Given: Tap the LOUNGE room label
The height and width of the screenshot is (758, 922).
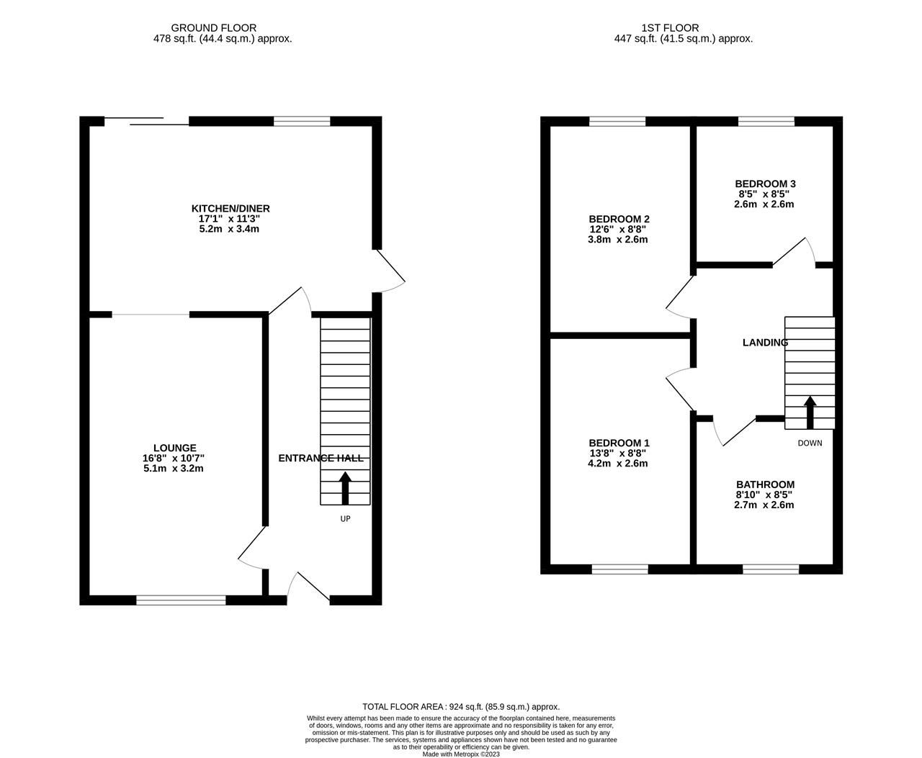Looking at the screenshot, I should click(x=174, y=448).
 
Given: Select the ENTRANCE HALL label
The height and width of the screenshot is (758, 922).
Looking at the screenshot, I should click(x=321, y=459).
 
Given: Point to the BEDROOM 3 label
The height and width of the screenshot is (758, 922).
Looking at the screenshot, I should click(x=765, y=184).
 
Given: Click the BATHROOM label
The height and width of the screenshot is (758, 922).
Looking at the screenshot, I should click(x=765, y=484).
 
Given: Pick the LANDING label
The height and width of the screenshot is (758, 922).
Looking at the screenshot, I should click(x=765, y=343).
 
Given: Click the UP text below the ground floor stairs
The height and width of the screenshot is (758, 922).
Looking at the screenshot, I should click(x=345, y=518).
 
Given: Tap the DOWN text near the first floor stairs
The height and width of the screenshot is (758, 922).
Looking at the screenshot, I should click(x=810, y=443).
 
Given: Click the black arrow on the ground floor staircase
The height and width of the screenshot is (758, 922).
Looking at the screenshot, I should click(x=345, y=487).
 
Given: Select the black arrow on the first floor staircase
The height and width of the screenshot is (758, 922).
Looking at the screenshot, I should click(x=810, y=411).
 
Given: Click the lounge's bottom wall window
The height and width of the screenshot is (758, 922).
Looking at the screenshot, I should click(x=181, y=600).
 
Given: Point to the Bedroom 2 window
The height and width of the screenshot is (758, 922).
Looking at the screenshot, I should click(x=617, y=121).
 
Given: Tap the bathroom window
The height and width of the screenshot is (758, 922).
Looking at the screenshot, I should click(x=771, y=569).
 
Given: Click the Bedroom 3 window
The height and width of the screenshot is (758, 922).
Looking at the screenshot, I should click(x=766, y=121).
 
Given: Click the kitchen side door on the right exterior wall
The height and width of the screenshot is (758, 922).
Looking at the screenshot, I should click(x=390, y=271).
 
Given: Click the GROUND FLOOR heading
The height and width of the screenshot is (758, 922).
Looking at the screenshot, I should click(x=223, y=28).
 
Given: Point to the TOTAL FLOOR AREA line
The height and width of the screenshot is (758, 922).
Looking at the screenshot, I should click(x=461, y=707).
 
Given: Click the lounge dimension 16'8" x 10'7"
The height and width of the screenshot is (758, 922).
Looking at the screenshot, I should click(x=174, y=458).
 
